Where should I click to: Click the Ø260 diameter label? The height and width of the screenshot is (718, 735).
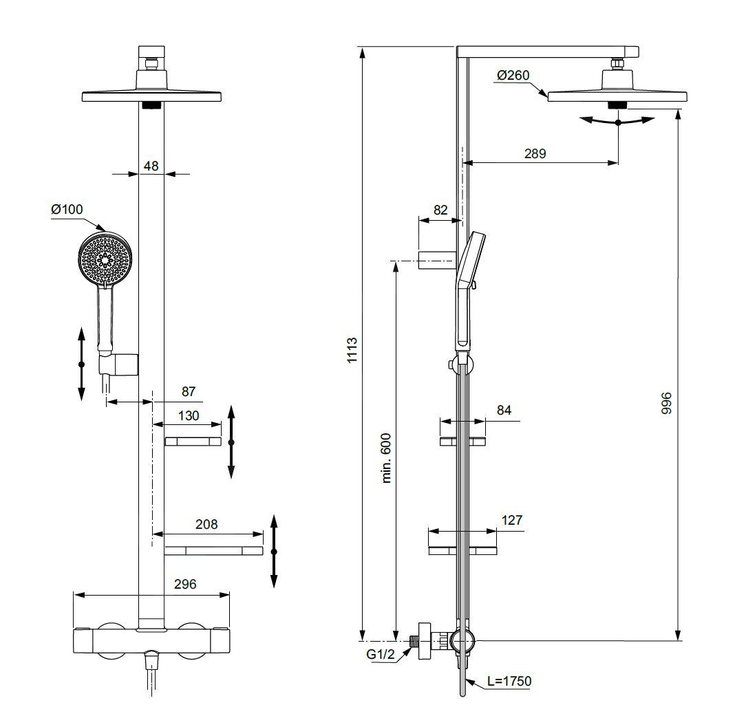[x=513, y=75]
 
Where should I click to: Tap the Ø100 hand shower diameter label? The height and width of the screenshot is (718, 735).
[x=67, y=209]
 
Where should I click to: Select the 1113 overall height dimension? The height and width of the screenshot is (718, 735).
[x=352, y=350]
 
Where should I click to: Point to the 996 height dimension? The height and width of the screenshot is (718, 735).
[x=666, y=403]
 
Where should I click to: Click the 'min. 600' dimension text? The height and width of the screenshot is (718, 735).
[x=386, y=457]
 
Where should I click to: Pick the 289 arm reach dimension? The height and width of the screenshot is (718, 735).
[x=535, y=153]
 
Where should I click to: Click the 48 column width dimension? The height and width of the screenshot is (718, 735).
[x=151, y=166]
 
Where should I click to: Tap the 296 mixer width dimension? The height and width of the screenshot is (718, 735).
[x=185, y=584]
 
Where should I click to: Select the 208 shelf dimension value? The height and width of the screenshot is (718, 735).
[x=206, y=524]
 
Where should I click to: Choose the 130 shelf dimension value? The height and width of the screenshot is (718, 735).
[x=189, y=415]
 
